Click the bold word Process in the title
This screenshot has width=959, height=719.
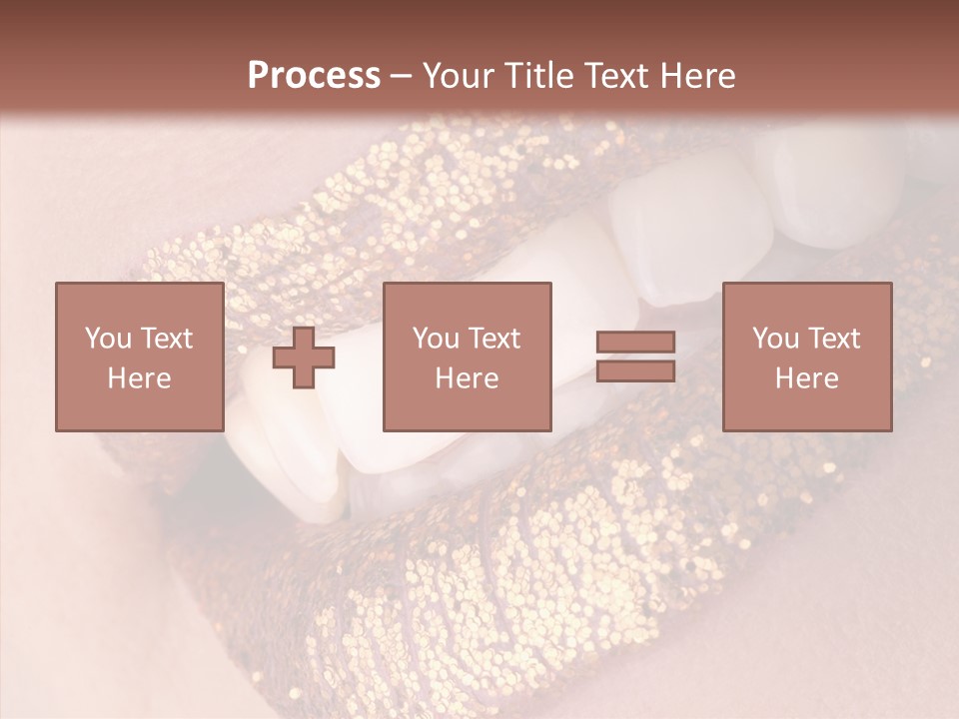314,76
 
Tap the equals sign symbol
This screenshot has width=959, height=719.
635,357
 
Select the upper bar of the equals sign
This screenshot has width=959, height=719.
635,343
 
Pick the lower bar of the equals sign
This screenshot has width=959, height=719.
635,370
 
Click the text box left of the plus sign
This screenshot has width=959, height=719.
140,358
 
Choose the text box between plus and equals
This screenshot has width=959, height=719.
467,358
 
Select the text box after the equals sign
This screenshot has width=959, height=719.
807,358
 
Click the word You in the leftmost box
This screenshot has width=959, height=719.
107,339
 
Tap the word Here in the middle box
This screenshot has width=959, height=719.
467,378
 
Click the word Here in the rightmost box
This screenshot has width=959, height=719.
807,378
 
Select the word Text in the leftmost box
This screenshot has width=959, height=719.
166,339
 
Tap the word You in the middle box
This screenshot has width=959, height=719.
435,339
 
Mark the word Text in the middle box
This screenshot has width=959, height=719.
494,339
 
